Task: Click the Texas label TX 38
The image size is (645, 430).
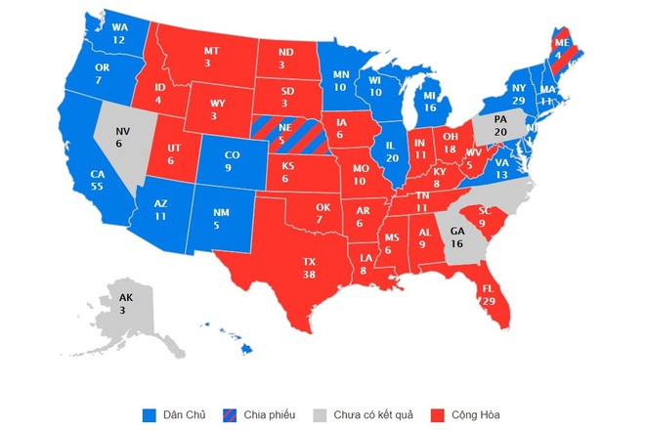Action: (x=310, y=268)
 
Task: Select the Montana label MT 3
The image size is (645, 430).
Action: (x=212, y=58)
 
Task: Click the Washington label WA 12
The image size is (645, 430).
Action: (x=118, y=34)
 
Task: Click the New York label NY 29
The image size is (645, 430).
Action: (x=519, y=95)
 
